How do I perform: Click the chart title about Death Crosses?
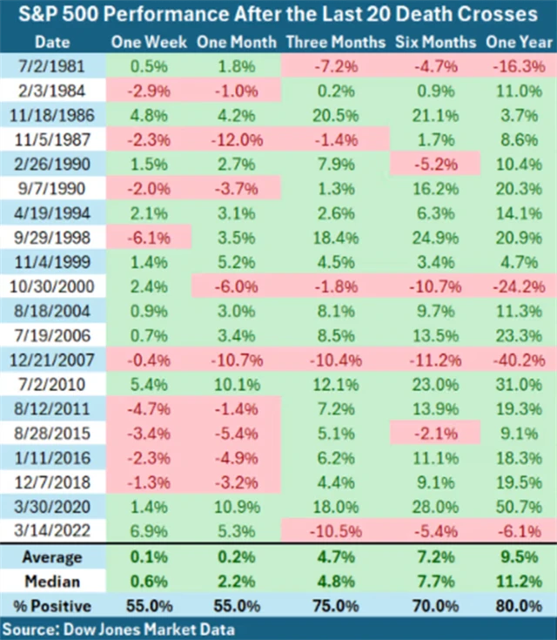(278, 15)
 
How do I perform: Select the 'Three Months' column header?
(334, 42)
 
